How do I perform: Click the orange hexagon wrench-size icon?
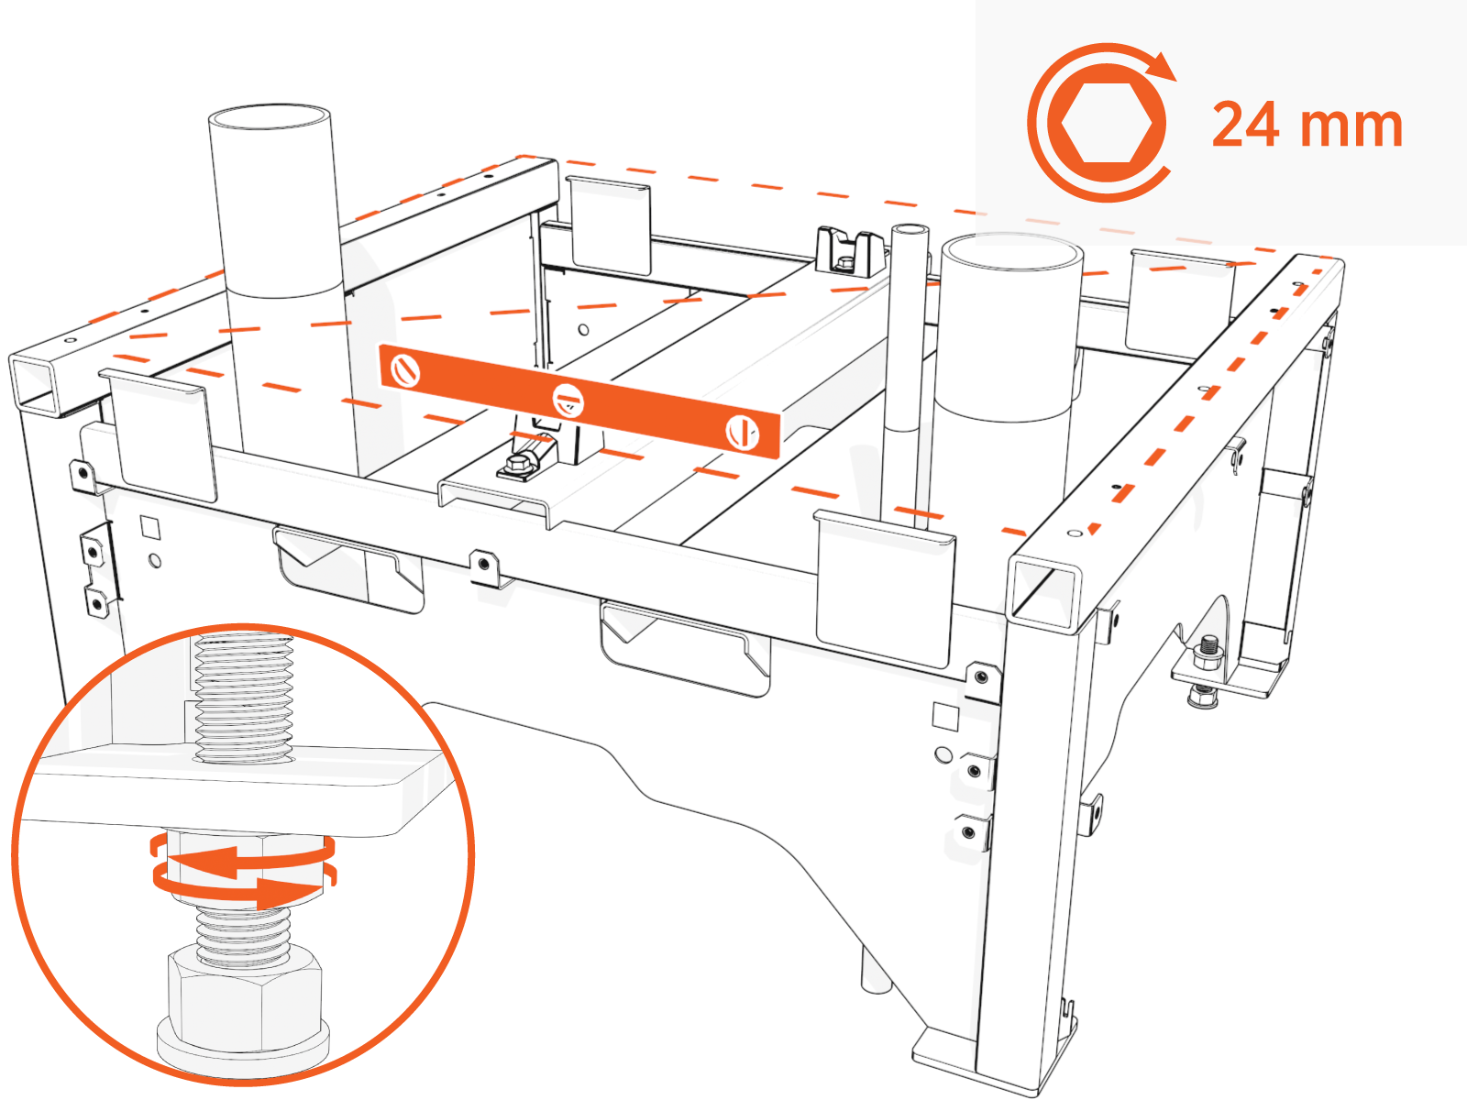(x=1106, y=124)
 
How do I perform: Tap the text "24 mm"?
(x=1307, y=126)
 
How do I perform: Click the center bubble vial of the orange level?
(x=568, y=401)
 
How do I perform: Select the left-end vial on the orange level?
(x=405, y=370)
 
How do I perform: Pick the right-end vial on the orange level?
(x=742, y=432)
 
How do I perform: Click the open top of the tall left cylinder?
(x=270, y=120)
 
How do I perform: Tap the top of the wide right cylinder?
(x=1011, y=250)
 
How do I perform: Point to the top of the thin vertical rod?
(x=908, y=228)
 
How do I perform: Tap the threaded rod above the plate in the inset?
(x=243, y=697)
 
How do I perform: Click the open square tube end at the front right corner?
(x=1044, y=594)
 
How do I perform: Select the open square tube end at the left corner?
(x=42, y=381)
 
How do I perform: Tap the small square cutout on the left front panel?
(x=149, y=527)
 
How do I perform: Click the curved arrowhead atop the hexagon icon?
(x=1163, y=67)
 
